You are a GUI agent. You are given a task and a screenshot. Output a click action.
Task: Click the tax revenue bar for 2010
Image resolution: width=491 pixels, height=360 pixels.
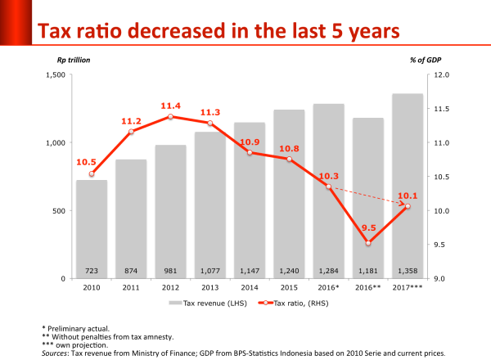pos(91,229)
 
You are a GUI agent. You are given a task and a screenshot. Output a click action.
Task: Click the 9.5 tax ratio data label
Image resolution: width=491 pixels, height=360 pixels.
pos(368,228)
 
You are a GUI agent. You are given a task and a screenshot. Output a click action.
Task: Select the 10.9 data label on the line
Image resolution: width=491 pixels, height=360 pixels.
pos(250,142)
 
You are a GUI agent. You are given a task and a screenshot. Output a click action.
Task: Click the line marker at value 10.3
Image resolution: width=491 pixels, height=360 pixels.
pos(328,187)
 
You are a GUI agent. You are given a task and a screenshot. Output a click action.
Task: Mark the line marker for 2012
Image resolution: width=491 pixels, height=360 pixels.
pos(170,118)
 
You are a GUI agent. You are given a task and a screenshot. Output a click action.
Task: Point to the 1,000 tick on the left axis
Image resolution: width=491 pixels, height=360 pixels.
pos(55,143)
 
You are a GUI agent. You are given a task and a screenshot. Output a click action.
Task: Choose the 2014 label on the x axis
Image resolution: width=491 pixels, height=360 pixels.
pos(249,287)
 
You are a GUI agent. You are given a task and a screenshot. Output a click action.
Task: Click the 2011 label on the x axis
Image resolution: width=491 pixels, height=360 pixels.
pos(130,287)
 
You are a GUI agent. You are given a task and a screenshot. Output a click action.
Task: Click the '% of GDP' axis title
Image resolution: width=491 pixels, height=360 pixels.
pos(424,60)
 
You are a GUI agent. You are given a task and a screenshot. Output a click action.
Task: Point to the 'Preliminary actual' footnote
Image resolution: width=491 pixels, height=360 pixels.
pos(78,329)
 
